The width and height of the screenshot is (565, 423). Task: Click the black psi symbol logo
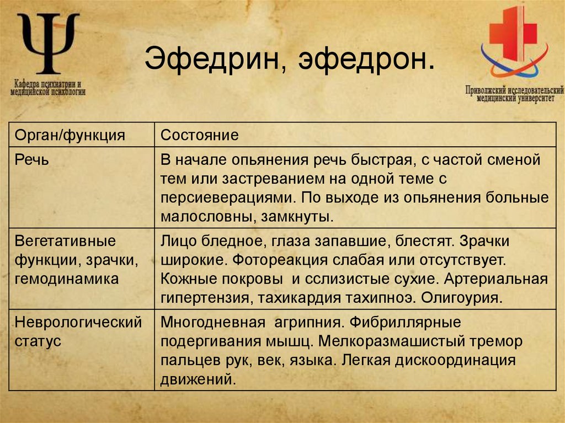(x=48, y=44)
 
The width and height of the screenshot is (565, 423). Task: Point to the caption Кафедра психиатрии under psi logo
(x=48, y=88)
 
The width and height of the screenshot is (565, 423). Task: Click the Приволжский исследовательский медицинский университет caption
(x=514, y=93)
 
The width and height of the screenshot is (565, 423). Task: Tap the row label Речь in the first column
(x=32, y=160)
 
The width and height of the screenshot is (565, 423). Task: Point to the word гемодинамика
(x=67, y=279)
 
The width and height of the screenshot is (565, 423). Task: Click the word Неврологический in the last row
(x=78, y=322)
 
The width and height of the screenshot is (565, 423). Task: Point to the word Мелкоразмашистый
(x=402, y=341)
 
